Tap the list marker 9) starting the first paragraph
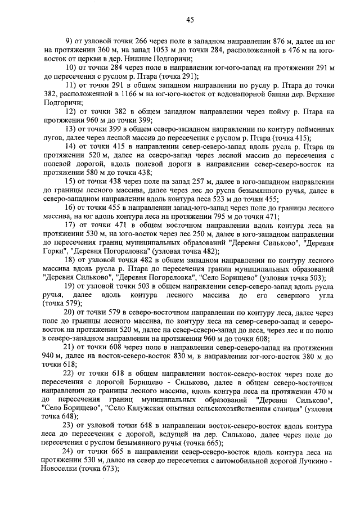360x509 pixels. click(69, 42)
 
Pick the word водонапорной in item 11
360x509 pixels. click(222, 94)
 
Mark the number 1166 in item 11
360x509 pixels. click(140, 94)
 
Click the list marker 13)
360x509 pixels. click(71, 129)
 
